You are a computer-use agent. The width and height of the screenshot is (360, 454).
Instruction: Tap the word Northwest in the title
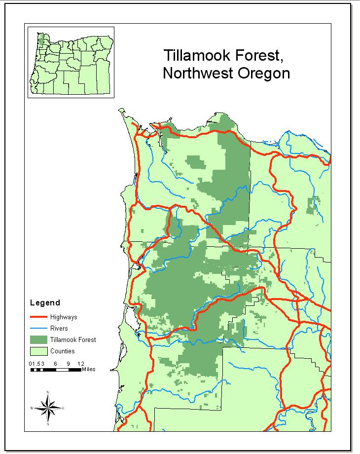tap(195, 73)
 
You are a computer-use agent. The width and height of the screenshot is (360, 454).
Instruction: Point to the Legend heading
tap(45, 303)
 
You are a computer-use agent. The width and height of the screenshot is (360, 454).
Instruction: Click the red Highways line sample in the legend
tap(38, 317)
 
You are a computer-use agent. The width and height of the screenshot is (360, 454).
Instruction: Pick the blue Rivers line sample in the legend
tap(38, 328)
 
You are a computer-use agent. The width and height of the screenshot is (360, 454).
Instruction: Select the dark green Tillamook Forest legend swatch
tap(38, 340)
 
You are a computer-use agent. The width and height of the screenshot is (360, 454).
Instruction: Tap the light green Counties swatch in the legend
tap(38, 351)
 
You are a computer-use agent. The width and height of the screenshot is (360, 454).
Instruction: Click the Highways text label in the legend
tap(64, 317)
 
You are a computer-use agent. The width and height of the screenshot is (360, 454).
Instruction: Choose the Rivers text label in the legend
tap(59, 328)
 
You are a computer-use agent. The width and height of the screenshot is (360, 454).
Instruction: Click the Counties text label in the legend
tap(62, 351)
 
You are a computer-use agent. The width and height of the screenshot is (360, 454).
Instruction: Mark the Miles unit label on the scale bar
tap(89, 369)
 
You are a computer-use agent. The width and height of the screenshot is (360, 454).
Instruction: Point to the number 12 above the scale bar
tap(80, 364)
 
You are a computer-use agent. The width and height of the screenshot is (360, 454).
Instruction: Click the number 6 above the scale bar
tap(56, 364)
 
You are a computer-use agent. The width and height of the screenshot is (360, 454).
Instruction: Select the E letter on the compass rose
tap(63, 408)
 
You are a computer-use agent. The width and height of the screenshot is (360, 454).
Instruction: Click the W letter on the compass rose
tap(32, 408)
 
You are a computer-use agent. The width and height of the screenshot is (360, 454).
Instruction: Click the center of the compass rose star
tap(48, 408)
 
